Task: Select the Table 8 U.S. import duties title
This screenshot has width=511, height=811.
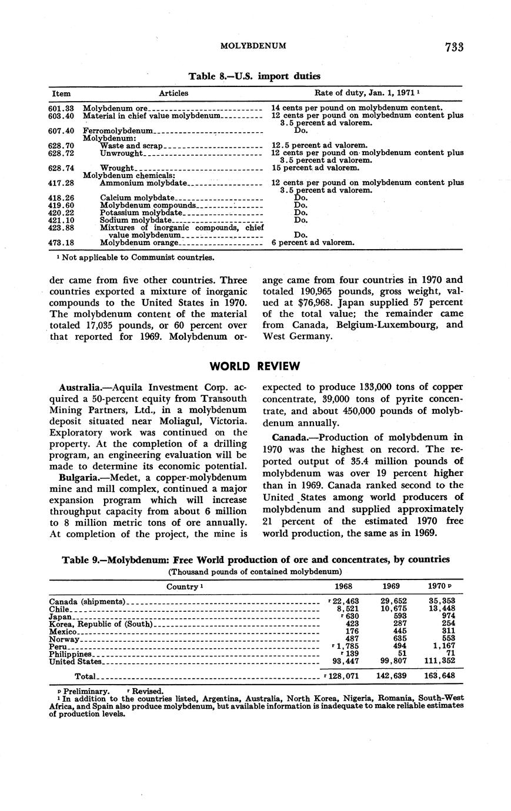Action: tap(254, 76)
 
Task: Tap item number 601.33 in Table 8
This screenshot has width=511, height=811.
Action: tap(61, 108)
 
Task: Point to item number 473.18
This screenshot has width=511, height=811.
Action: tap(61, 242)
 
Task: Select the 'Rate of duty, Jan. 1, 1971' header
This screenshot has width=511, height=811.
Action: tap(366, 93)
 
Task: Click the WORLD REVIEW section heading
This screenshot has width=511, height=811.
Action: tap(255, 366)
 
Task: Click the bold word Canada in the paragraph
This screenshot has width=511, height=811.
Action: tap(290, 437)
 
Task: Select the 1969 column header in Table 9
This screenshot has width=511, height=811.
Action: tap(391, 587)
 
